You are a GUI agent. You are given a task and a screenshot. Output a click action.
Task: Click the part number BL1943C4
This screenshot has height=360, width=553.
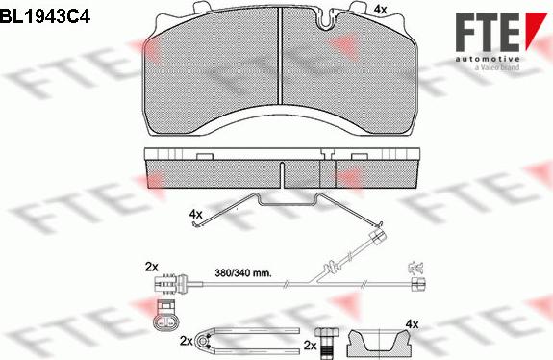point(45,15)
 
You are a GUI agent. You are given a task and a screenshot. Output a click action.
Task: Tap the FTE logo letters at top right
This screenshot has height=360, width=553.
point(487,32)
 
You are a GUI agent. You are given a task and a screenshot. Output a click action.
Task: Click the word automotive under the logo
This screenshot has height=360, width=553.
point(487,59)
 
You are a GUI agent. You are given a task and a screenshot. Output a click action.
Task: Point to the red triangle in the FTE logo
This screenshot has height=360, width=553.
point(536,29)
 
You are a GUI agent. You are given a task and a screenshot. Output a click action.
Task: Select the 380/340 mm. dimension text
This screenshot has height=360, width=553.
point(243,272)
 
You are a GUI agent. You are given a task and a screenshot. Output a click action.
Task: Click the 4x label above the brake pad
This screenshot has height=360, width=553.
point(380,10)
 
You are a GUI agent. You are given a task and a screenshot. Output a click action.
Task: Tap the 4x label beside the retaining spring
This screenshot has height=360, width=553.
point(196,214)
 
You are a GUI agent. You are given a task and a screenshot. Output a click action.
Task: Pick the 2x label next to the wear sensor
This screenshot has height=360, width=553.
point(152,268)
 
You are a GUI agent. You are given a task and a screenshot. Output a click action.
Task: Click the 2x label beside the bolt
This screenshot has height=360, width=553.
point(311,346)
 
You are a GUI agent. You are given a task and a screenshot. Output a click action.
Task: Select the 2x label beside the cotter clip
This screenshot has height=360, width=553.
point(187,341)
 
